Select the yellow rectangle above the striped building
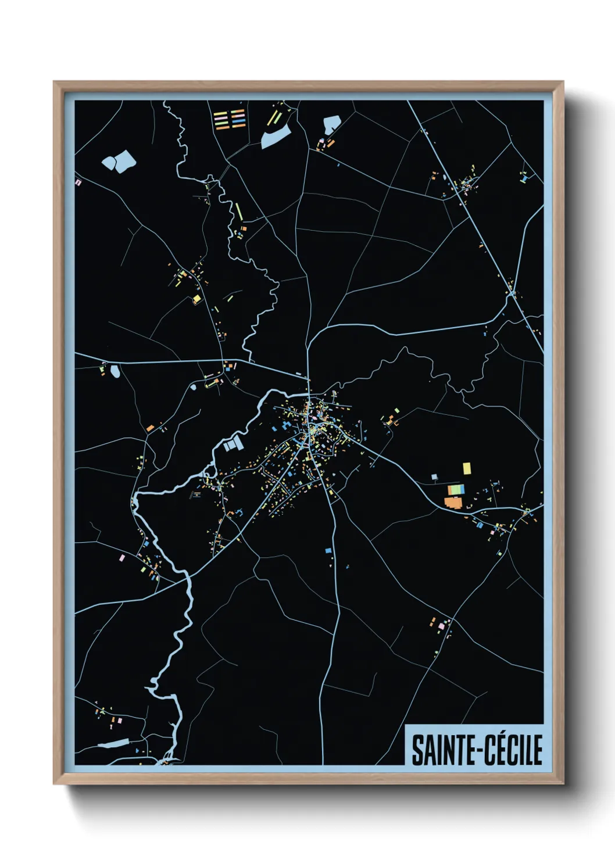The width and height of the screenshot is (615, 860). (x=466, y=468)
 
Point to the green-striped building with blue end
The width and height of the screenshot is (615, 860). (x=456, y=489)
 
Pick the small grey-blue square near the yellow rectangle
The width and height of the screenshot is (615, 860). (x=434, y=477)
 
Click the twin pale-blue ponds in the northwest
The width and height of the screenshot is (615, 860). (x=119, y=161)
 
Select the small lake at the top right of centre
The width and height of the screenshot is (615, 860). (x=331, y=124)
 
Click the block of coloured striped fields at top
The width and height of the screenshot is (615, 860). (x=230, y=119)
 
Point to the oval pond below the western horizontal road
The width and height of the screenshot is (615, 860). (x=115, y=371)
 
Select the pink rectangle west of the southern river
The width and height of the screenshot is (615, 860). (x=122, y=558)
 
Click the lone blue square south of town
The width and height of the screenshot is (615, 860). (x=328, y=550)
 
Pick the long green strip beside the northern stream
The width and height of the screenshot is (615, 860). (x=238, y=211)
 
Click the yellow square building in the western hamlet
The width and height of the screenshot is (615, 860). (x=196, y=299)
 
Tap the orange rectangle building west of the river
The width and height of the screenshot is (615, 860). (x=150, y=428)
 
